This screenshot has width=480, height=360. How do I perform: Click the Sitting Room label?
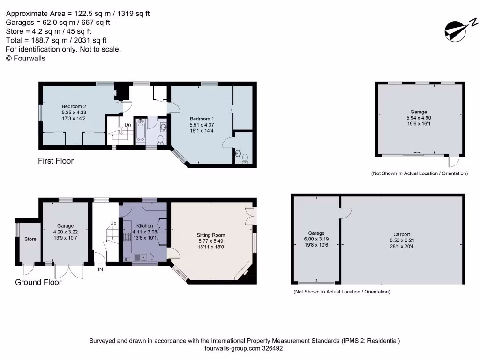pyautogui.click(x=211, y=235)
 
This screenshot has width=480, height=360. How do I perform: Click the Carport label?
pyautogui.click(x=401, y=234)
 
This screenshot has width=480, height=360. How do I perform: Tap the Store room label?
pyautogui.click(x=30, y=240)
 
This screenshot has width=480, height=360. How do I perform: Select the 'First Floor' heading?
pyautogui.click(x=56, y=161)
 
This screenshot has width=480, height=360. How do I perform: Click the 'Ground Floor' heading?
pyautogui.click(x=38, y=282)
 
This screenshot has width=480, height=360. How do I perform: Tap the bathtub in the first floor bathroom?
pyautogui.click(x=140, y=131)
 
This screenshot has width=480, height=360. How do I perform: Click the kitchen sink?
pyautogui.click(x=140, y=257)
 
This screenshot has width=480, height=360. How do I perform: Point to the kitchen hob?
pyautogui.click(x=127, y=237)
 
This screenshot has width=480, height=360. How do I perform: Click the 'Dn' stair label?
pyautogui.click(x=127, y=125)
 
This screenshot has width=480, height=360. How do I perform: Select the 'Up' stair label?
pyautogui.click(x=113, y=222)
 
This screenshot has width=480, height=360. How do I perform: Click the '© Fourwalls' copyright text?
pyautogui.click(x=25, y=58)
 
